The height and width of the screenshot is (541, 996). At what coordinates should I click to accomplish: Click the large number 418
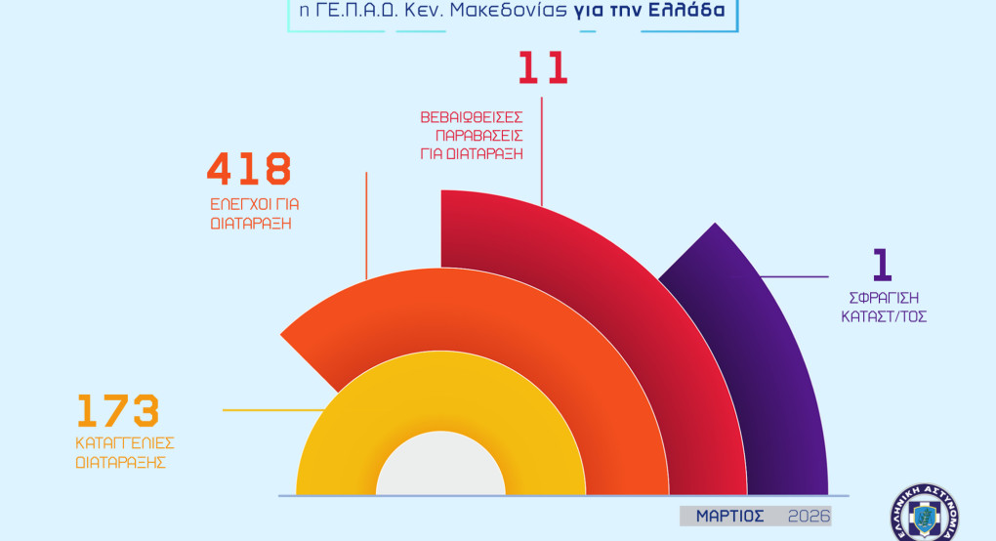tap(249, 169)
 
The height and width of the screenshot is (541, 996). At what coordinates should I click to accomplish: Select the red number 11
tap(542, 68)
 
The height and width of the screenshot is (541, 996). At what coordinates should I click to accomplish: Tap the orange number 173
tap(117, 412)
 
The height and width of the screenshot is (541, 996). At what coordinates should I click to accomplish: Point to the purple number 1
tap(882, 266)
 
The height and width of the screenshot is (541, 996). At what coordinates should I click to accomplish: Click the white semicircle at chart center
tap(440, 469)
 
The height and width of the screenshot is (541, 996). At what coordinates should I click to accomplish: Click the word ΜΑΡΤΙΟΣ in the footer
tap(730, 516)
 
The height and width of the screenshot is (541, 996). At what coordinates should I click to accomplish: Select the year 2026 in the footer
tap(809, 516)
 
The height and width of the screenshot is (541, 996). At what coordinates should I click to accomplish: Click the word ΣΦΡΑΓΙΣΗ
tap(882, 298)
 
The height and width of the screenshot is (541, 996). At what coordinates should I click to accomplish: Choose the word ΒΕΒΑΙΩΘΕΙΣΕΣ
tap(472, 116)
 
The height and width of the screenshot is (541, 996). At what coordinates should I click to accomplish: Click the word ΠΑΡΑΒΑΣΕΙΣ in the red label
tap(473, 135)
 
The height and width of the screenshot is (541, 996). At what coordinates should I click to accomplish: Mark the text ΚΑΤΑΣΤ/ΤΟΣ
tap(882, 316)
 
